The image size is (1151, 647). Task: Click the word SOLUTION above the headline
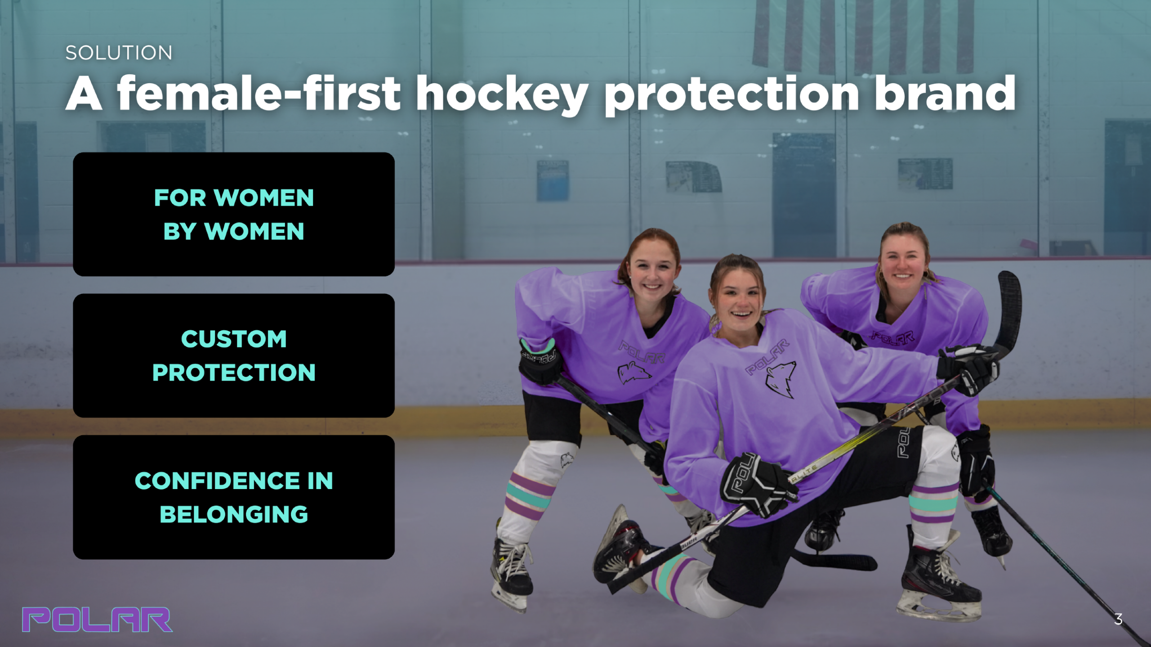pyautogui.click(x=119, y=53)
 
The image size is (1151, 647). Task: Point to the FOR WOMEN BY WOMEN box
pyautogui.click(x=234, y=214)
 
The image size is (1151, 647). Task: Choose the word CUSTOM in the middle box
pyautogui.click(x=234, y=339)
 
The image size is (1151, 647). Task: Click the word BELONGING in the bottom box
pyautogui.click(x=234, y=514)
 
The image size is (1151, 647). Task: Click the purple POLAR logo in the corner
pyautogui.click(x=97, y=620)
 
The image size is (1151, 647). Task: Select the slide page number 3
pyautogui.click(x=1119, y=620)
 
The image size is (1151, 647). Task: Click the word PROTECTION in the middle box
pyautogui.click(x=234, y=373)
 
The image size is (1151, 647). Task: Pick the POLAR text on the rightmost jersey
pyautogui.click(x=893, y=337)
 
